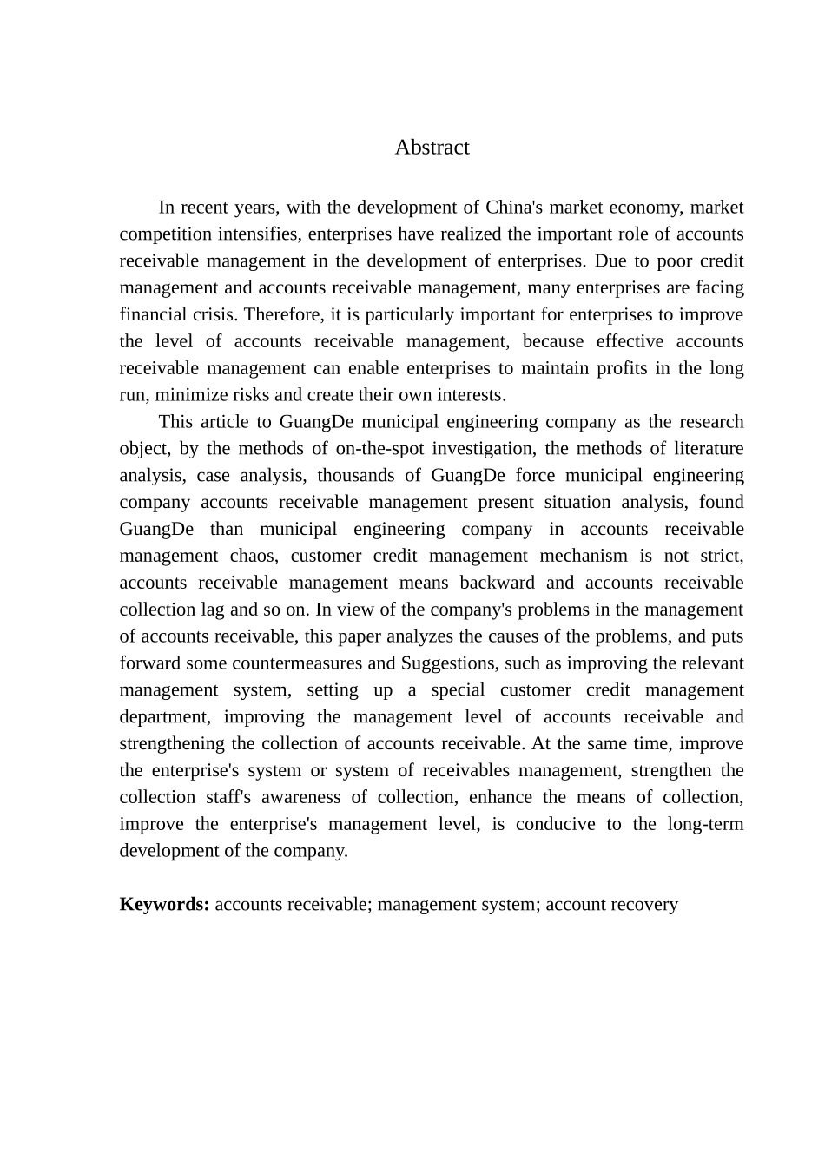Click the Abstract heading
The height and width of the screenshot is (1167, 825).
(432, 148)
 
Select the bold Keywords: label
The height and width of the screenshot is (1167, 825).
(164, 905)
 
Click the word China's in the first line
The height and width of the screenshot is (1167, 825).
(514, 208)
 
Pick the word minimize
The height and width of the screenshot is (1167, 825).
(189, 395)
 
